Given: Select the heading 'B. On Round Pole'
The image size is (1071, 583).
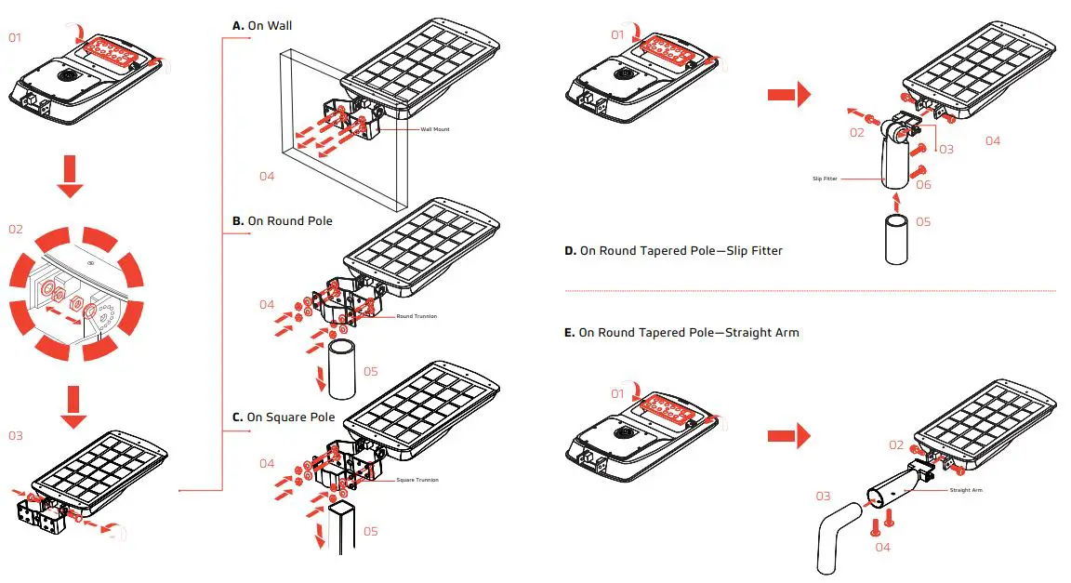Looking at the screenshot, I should [282, 221].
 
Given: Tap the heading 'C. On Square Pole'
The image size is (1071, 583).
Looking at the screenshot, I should [284, 417].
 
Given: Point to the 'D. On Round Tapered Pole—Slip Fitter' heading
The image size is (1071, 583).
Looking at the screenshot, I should [673, 251].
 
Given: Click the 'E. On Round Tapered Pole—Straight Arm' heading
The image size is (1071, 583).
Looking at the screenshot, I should [681, 332].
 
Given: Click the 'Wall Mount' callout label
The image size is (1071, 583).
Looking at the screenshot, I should [434, 129].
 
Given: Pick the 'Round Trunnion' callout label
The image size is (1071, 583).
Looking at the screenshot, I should [416, 316].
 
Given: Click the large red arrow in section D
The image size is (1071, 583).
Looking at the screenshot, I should [788, 94].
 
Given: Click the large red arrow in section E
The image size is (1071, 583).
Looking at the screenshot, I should [788, 435].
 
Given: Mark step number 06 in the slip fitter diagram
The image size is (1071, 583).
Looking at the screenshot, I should [923, 185].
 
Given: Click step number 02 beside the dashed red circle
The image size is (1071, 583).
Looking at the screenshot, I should [16, 229].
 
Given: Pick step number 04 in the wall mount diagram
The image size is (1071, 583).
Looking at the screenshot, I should [267, 176].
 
